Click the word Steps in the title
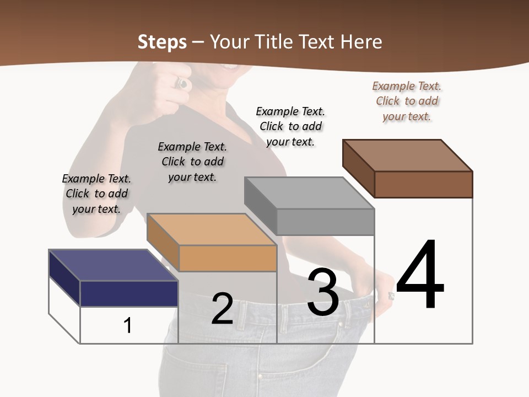tap(162, 42)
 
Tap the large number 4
tap(420, 276)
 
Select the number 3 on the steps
tap(323, 292)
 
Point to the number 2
tap(222, 309)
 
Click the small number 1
tap(128, 325)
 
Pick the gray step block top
tap(309, 193)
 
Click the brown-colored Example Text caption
tap(407, 101)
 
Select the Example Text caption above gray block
tap(290, 126)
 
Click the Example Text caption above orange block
tap(192, 162)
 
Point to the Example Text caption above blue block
tap(96, 194)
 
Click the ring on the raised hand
tap(182, 83)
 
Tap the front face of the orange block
tap(228, 258)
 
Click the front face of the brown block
tap(423, 184)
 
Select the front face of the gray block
tap(325, 222)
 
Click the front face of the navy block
tap(129, 293)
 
